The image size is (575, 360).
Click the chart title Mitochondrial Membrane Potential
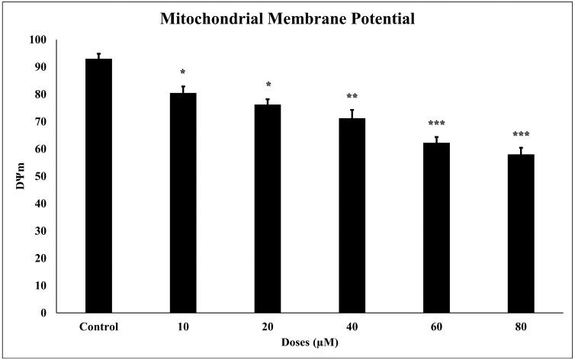click(287, 19)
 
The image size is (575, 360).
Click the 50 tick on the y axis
click(39, 176)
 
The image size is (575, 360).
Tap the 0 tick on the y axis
click(42, 313)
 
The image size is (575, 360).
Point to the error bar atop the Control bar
click(98, 56)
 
